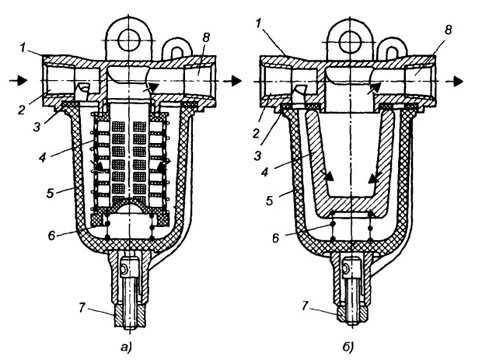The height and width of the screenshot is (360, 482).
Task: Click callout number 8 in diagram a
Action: point(206,38)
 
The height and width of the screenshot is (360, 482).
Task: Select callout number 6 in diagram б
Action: point(275,238)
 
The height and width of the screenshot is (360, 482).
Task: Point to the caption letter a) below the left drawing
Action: point(126,347)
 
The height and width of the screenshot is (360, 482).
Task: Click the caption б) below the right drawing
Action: point(347,347)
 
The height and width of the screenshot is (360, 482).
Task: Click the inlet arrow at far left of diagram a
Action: point(19,80)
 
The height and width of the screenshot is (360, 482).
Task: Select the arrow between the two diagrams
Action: point(233,80)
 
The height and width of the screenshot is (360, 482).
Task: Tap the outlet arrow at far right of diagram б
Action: point(454,81)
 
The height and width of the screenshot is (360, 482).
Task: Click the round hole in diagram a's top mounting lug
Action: point(128,40)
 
